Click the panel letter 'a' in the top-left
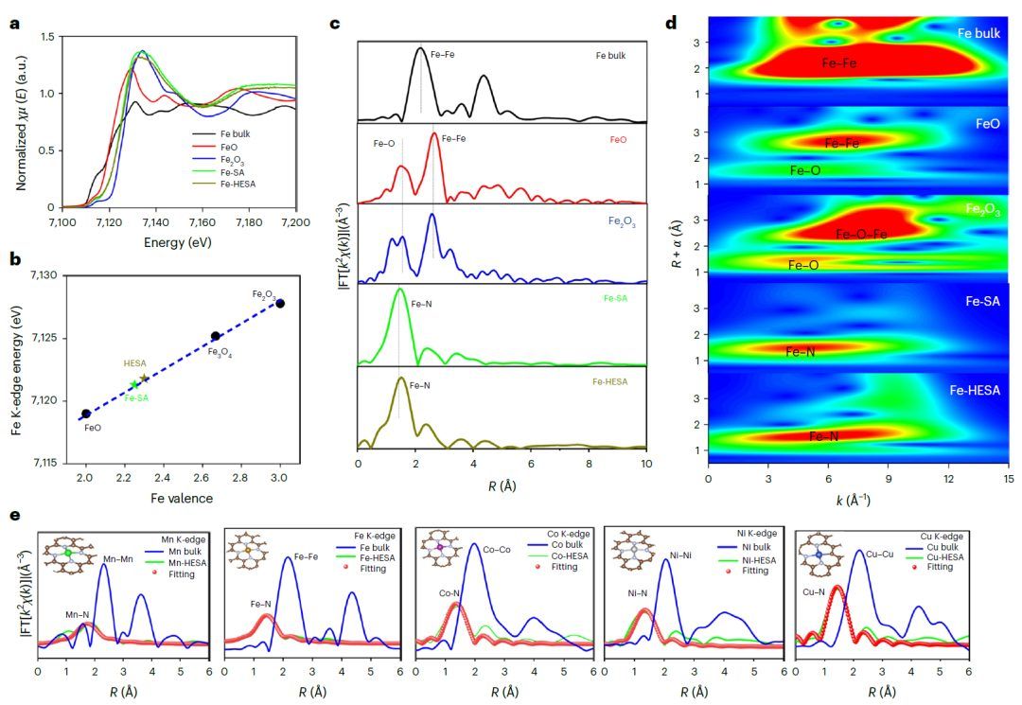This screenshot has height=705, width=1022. (x=16, y=24)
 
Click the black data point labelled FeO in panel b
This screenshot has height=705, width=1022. (x=86, y=414)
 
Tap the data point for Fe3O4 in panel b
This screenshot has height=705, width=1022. (x=216, y=336)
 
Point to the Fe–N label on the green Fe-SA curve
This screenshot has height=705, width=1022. (x=422, y=306)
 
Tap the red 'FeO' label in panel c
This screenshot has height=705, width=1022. (x=619, y=138)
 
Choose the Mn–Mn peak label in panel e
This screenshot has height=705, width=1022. (x=118, y=559)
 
